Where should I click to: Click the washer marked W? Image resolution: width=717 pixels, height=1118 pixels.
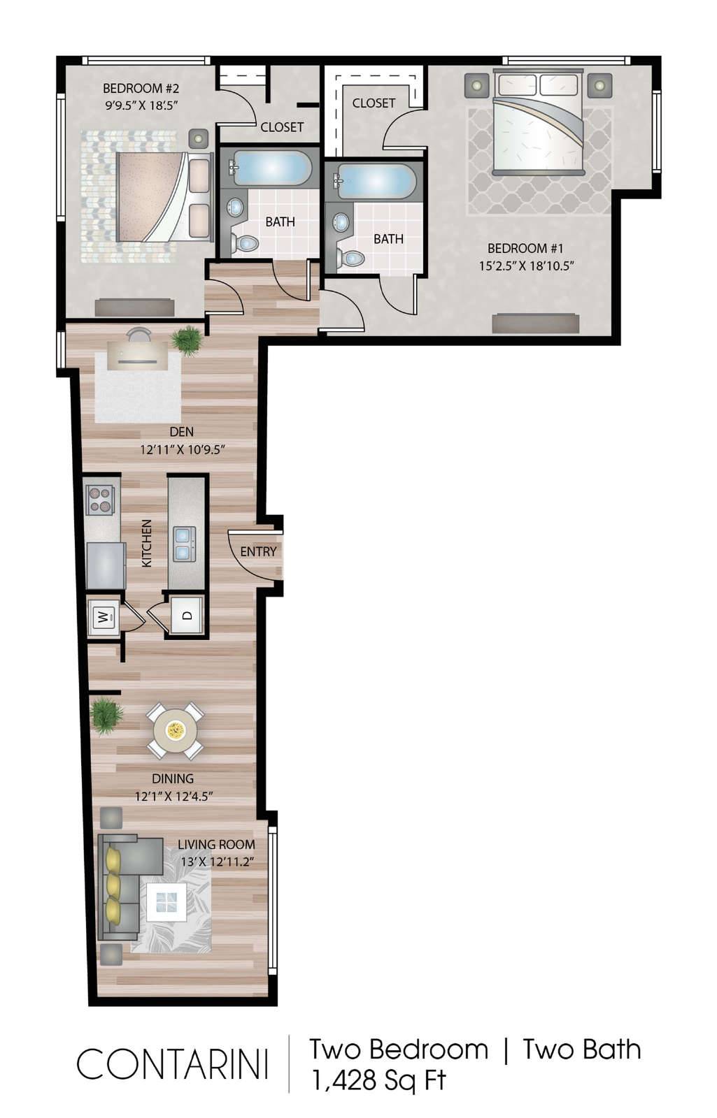[x=104, y=618]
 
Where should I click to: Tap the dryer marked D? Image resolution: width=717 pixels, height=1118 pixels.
[x=187, y=616]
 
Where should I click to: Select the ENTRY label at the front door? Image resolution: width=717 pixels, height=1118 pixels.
[x=258, y=551]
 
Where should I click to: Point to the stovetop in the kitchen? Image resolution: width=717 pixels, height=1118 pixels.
[x=100, y=500]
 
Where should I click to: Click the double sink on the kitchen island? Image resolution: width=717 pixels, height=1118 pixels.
[x=184, y=544]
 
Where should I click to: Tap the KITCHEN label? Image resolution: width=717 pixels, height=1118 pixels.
[x=147, y=543]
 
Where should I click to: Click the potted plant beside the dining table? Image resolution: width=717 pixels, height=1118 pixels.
[x=106, y=716]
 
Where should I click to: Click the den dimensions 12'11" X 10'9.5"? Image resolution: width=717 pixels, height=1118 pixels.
[x=182, y=450]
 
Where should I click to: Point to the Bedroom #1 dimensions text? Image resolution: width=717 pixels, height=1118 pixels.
[x=526, y=266]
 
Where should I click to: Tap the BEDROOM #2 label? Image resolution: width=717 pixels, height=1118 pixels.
[x=141, y=88]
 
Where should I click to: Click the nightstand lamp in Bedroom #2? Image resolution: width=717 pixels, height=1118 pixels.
[x=199, y=138]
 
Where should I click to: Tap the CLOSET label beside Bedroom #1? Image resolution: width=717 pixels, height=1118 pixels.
[x=374, y=103]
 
